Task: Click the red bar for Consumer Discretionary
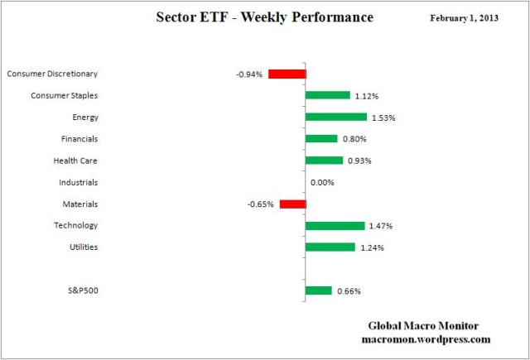[x=287, y=74]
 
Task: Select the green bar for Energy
[x=335, y=117]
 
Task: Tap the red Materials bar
[x=292, y=204]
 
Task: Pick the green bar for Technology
[x=335, y=225]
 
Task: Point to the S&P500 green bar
[x=318, y=290]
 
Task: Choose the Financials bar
[x=321, y=138]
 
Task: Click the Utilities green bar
[x=330, y=247]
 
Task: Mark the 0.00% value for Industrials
[x=322, y=182]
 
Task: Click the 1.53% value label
[x=383, y=118]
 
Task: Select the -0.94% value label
[x=248, y=74]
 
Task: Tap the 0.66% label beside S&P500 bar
[x=349, y=291]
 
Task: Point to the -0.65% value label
[x=261, y=204]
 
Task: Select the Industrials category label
[x=79, y=182]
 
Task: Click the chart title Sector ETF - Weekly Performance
[x=264, y=17]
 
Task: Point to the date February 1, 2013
[x=465, y=18]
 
